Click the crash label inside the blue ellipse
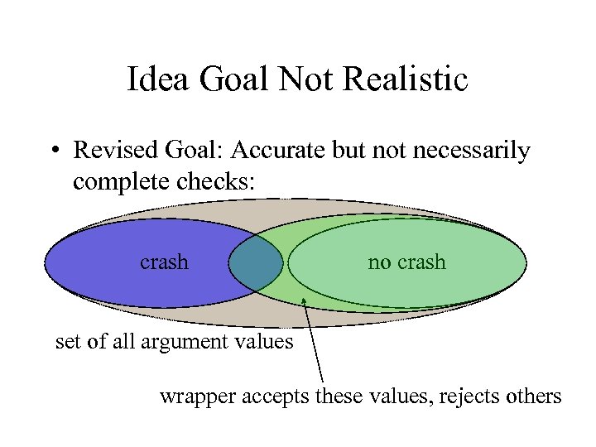point(164,262)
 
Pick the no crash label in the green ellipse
point(406,262)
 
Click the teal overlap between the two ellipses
point(256,264)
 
